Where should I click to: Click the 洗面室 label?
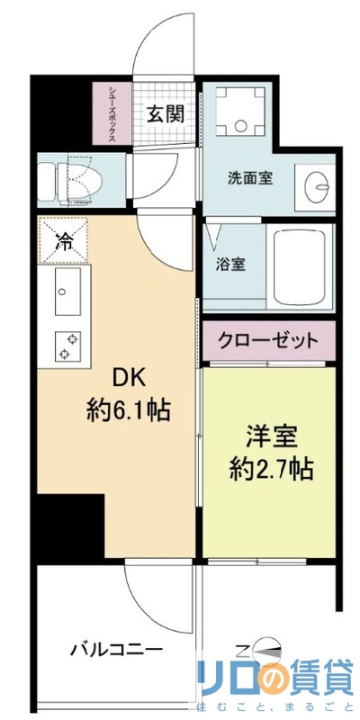click(x=249, y=177)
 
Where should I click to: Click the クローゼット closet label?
click(x=268, y=340)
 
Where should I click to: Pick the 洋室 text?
click(x=267, y=436)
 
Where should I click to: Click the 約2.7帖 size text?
click(x=267, y=469)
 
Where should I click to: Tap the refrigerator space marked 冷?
click(x=66, y=240)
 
